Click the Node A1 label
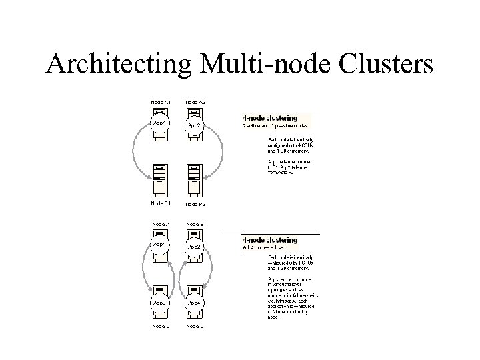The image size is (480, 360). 161,102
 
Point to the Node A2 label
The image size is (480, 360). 195,102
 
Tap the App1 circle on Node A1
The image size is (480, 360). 161,125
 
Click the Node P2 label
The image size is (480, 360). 195,203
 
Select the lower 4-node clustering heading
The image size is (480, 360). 270,240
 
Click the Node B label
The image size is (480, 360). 195,224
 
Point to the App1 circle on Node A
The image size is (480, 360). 161,246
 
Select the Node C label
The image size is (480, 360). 161,326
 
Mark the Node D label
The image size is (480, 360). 195,326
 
